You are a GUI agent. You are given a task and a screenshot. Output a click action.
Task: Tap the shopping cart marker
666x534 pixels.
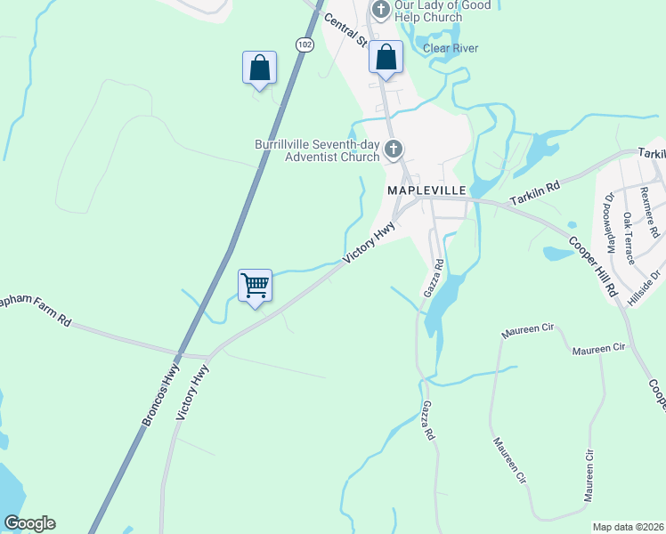click(x=256, y=287)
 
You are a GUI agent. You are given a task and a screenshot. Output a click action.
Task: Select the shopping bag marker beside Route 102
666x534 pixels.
click(x=259, y=68)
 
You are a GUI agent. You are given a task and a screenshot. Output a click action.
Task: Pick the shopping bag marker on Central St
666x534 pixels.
click(x=386, y=58)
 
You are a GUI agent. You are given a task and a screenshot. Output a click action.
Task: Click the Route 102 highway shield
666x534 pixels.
click(x=305, y=44)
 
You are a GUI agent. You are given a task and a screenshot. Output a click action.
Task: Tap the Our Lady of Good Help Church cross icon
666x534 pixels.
click(x=380, y=11)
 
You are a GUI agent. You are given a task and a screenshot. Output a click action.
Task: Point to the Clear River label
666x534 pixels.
click(x=451, y=48)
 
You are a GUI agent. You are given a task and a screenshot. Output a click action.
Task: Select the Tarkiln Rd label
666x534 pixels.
click(x=535, y=194)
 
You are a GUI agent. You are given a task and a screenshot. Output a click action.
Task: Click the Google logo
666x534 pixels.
click(x=29, y=523)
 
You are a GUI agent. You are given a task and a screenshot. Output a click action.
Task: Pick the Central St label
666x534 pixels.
click(x=345, y=29)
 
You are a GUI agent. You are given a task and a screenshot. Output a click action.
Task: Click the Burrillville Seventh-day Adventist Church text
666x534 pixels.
click(x=317, y=150)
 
